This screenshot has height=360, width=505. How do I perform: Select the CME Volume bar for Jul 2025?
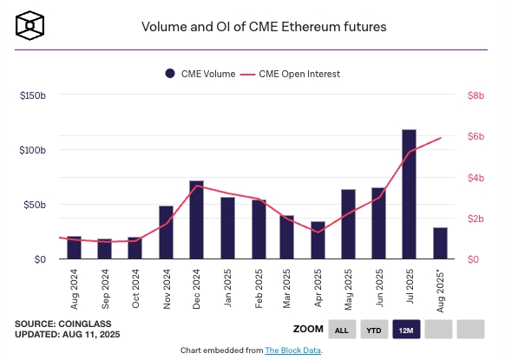tap(409, 194)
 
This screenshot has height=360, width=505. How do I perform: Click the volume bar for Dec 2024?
tap(196, 219)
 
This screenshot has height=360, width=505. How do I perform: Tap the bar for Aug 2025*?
tap(440, 243)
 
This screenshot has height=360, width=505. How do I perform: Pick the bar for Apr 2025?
tap(318, 240)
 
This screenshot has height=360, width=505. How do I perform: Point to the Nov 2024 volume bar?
tap(167, 232)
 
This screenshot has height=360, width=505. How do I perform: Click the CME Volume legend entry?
tap(200, 74)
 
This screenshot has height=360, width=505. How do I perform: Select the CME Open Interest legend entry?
tap(290, 74)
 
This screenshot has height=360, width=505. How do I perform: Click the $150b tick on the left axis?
tap(32, 95)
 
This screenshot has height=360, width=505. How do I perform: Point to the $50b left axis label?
tap(35, 205)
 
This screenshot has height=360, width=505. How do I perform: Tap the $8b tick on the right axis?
tap(475, 95)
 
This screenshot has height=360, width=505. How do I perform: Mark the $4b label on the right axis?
tap(475, 178)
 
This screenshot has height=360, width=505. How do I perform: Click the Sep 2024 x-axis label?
tap(105, 289)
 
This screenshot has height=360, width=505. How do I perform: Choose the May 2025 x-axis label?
tap(348, 290)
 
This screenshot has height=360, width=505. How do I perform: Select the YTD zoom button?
tap(374, 330)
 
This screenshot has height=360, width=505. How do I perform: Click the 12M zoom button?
tap(406, 330)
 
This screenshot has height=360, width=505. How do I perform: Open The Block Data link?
tap(292, 350)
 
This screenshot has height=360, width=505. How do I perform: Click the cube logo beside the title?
tap(30, 25)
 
